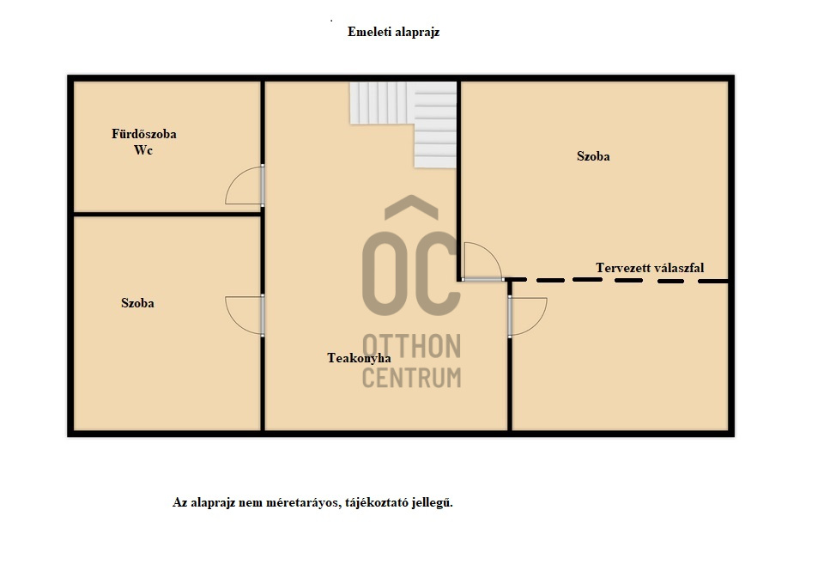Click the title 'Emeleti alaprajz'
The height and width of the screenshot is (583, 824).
point(393,32)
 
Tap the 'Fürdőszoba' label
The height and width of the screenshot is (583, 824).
point(144,134)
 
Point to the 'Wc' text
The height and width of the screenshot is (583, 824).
point(143,150)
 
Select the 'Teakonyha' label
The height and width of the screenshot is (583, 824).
point(359,358)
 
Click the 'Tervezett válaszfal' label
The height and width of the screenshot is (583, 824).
point(650,268)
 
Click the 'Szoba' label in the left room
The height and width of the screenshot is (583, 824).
point(137,303)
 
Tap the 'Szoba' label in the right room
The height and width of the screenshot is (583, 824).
point(593,156)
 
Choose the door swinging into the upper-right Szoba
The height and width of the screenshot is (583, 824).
point(491,253)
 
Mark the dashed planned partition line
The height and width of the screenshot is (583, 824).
point(620,280)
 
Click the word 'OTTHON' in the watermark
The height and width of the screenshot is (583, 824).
point(411,346)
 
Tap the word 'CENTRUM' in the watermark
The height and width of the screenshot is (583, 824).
point(411,378)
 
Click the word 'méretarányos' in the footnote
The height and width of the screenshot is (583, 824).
point(304,502)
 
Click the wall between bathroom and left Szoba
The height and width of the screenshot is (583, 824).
point(167,214)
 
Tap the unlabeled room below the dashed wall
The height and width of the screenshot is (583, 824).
point(620,357)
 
